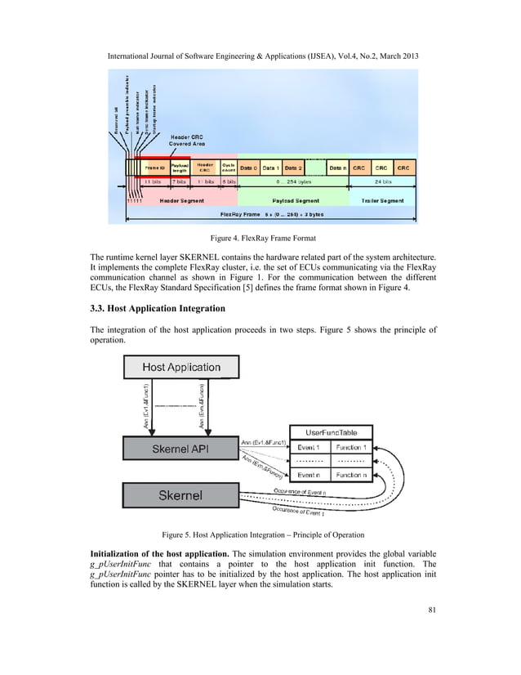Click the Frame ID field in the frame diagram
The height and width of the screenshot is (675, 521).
click(x=156, y=167)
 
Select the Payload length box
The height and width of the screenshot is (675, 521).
click(x=180, y=167)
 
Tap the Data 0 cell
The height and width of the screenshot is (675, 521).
click(x=249, y=167)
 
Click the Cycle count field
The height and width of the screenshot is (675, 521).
click(x=229, y=167)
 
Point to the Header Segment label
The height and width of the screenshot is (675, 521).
click(x=181, y=200)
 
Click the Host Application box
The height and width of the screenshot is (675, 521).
click(x=181, y=367)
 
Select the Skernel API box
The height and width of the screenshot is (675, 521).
click(x=181, y=449)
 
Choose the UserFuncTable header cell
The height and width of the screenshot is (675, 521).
click(x=331, y=431)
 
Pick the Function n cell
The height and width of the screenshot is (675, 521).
click(x=351, y=475)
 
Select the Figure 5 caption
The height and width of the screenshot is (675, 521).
click(x=260, y=534)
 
